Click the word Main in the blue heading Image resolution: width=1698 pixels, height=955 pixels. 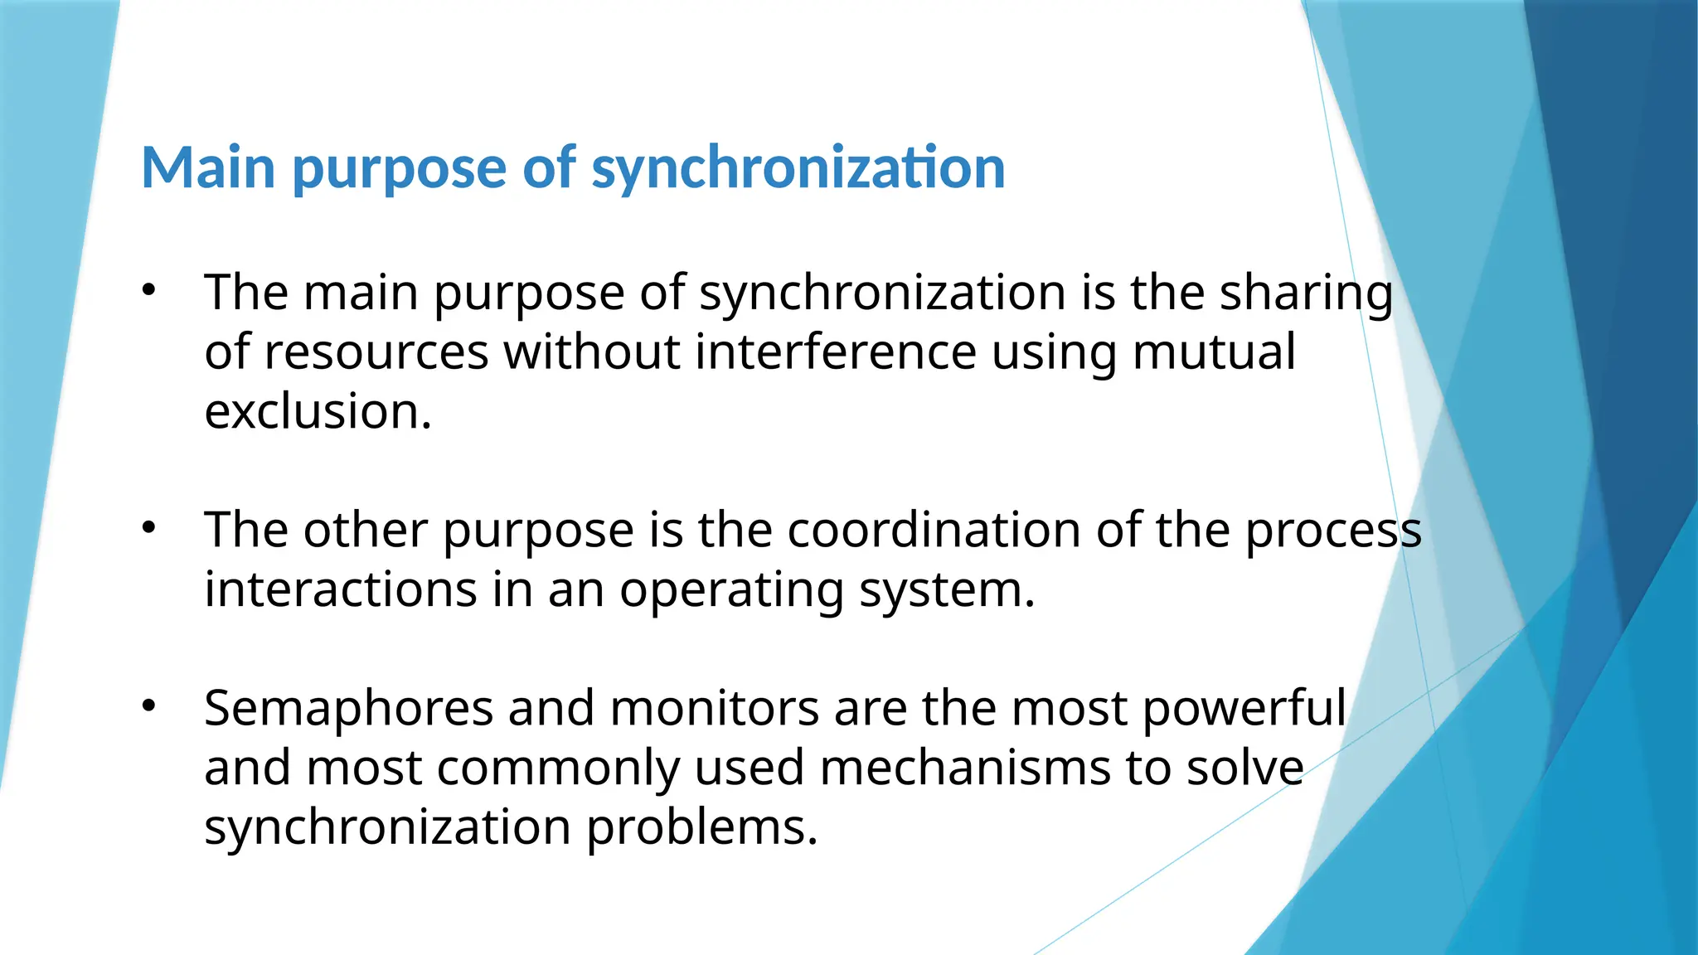pyautogui.click(x=208, y=168)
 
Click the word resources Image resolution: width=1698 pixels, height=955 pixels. pyautogui.click(x=376, y=352)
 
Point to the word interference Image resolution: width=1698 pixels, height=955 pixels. pyautogui.click(x=836, y=352)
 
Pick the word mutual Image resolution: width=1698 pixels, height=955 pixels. pyautogui.click(x=1213, y=352)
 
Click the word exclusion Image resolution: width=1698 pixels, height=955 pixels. pyautogui.click(x=318, y=412)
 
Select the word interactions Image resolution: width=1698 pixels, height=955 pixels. pyautogui.click(x=341, y=590)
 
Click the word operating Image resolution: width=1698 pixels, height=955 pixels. pyautogui.click(x=731, y=592)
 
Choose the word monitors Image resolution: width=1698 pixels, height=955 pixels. pyautogui.click(x=715, y=710)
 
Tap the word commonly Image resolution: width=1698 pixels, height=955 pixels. pyautogui.click(x=558, y=769)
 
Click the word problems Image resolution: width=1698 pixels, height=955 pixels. pyautogui.click(x=701, y=828)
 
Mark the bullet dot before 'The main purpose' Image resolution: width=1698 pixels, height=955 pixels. pyautogui.click(x=148, y=290)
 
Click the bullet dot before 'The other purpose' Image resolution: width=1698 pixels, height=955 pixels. pyautogui.click(x=148, y=527)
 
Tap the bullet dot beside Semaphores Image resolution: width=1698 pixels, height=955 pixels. pyautogui.click(x=148, y=706)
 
